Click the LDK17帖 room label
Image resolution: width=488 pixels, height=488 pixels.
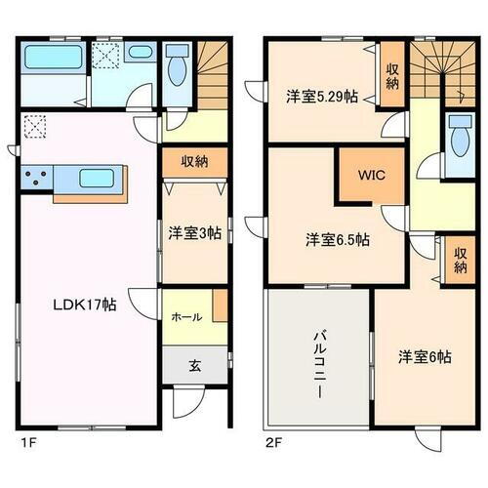(85, 305)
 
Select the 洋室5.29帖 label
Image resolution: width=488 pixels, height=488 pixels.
(321, 98)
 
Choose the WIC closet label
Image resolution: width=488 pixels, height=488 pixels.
(370, 177)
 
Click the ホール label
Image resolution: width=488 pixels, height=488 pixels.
(186, 316)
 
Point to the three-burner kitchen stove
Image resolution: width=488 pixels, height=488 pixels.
(39, 179)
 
